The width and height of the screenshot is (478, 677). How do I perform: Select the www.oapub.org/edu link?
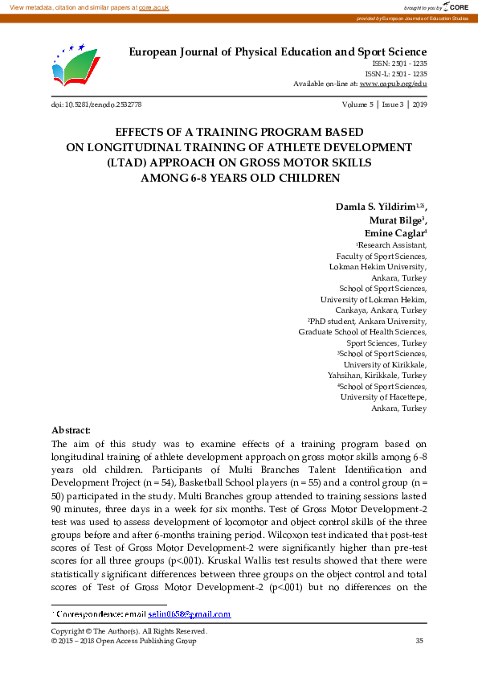coord(393,84)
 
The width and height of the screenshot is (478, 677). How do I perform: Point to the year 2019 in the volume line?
coord(419,105)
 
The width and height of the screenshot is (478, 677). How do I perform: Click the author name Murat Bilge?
coord(396,220)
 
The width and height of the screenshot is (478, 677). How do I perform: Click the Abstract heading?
coord(71,430)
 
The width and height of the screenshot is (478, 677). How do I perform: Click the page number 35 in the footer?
coord(419,640)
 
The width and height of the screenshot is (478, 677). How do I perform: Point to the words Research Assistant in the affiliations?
coord(392,245)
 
